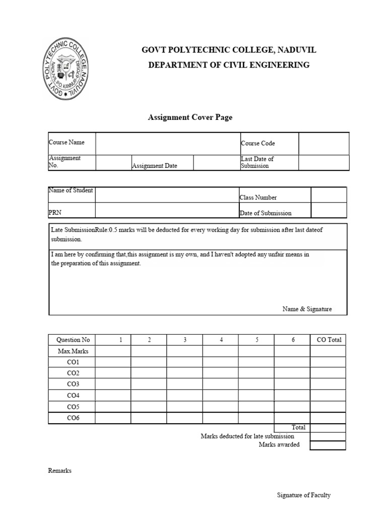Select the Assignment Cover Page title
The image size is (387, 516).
(x=190, y=117)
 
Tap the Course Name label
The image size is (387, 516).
(x=67, y=143)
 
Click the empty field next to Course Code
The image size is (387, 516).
(x=324, y=144)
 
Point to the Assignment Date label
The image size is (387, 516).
(x=155, y=166)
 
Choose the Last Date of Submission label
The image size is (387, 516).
(x=257, y=162)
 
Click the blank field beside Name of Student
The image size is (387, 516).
(x=166, y=195)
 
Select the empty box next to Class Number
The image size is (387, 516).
(x=329, y=195)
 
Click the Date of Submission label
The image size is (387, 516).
(x=266, y=213)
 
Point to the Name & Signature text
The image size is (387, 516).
(x=307, y=309)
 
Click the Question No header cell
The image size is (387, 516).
(x=73, y=340)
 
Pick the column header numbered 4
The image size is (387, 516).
(x=221, y=340)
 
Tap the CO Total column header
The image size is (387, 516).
(x=329, y=340)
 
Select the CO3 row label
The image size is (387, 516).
(x=73, y=384)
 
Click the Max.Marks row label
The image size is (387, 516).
(x=73, y=351)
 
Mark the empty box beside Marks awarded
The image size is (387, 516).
(x=328, y=445)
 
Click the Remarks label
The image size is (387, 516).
(x=60, y=471)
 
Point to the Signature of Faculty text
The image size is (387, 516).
(x=304, y=495)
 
